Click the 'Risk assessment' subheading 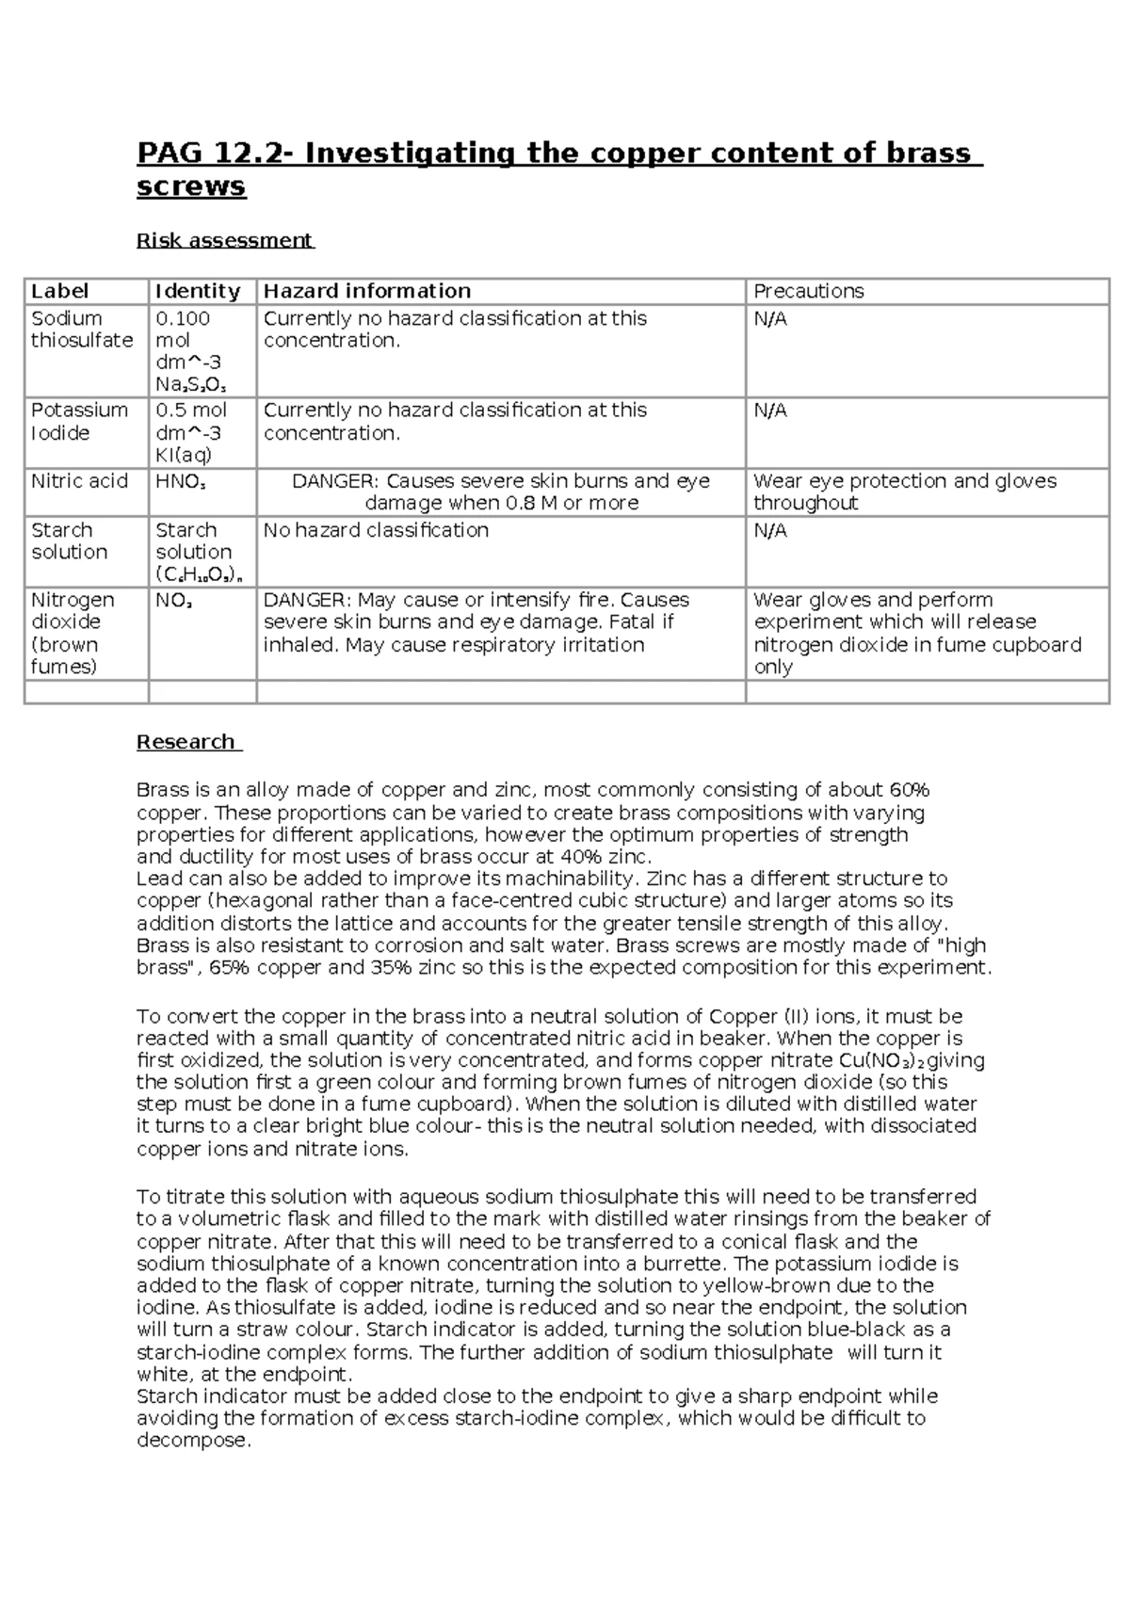pos(224,240)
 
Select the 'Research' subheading pos(186,742)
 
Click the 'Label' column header pos(59,291)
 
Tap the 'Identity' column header pos(198,291)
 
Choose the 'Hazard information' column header pos(366,291)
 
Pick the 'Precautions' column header pos(808,291)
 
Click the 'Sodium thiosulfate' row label pos(81,330)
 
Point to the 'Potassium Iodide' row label pos(79,421)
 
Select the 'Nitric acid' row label pos(79,481)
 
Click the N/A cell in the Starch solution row pos(769,530)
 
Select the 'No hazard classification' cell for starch pos(376,530)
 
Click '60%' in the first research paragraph pos(908,790)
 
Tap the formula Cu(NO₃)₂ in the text pos(881,1061)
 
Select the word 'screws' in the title pos(191,186)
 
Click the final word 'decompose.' pos(194,1441)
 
